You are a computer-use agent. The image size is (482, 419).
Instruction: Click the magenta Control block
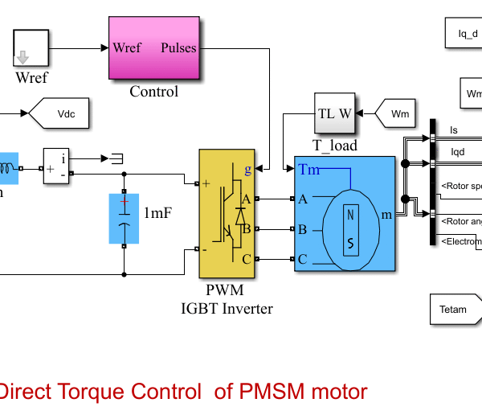pos(153,47)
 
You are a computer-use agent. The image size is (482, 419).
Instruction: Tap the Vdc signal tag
pos(60,114)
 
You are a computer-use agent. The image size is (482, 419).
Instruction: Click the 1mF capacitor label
pos(157,214)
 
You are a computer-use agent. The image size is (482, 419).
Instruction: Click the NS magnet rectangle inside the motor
pos(351,229)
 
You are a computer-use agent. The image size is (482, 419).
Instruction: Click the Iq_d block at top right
pos(467,34)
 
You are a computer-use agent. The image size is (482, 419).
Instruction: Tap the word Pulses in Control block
pos(178,47)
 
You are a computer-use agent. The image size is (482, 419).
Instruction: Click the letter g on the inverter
pos(247,170)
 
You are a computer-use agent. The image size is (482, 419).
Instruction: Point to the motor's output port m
pos(386,215)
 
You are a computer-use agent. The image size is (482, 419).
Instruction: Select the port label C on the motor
pos(303,259)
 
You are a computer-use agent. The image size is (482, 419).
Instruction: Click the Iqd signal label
pos(456,150)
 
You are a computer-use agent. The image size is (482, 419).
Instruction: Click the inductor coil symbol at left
pos(8,169)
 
